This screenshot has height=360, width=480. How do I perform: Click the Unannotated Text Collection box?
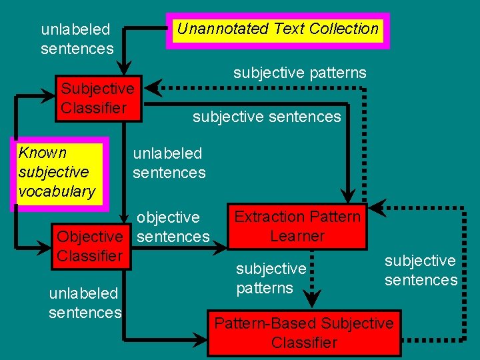(x=277, y=30)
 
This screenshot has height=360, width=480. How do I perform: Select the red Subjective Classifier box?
(x=98, y=99)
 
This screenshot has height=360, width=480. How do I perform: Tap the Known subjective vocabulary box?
(x=57, y=172)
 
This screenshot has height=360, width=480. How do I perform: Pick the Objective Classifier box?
(x=90, y=246)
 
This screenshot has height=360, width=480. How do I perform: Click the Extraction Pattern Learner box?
(x=297, y=227)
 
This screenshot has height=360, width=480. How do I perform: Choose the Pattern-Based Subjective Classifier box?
(x=304, y=333)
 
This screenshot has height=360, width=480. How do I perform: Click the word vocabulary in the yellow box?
(x=57, y=191)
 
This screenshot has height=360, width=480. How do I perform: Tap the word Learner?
(x=297, y=236)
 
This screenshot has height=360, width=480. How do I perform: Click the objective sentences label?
(x=173, y=227)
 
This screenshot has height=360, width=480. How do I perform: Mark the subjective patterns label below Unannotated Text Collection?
(x=299, y=73)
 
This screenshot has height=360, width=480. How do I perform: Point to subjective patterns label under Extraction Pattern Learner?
(x=271, y=278)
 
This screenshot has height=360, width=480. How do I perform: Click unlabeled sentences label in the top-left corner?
(x=77, y=39)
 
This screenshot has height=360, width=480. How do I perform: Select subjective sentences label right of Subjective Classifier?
(x=267, y=117)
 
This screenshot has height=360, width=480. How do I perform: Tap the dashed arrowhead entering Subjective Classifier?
(x=153, y=88)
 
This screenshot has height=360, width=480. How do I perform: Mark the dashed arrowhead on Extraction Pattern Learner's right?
(x=377, y=207)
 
